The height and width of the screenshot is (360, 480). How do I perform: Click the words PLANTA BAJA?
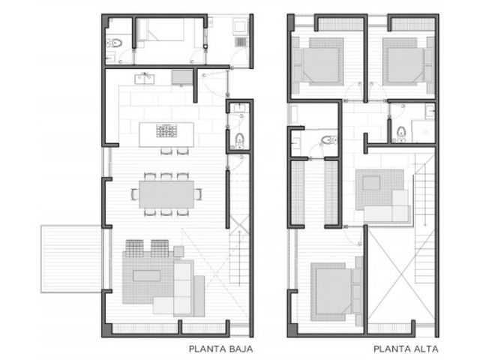[x=220, y=349]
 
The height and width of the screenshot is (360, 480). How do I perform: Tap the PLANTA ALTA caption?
[x=406, y=349]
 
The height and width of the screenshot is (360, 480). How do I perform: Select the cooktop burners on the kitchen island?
[x=166, y=130]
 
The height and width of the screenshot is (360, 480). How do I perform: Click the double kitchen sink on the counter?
[x=145, y=79]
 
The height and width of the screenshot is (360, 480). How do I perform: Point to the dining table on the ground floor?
[x=166, y=194]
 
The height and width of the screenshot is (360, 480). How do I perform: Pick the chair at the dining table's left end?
[x=135, y=194]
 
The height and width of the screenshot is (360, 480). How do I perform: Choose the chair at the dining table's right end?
[x=198, y=194]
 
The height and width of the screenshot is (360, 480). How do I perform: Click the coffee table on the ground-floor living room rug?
[x=147, y=275]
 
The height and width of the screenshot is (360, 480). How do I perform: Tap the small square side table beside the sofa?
[x=178, y=251]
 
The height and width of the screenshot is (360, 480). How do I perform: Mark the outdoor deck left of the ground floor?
[x=71, y=259]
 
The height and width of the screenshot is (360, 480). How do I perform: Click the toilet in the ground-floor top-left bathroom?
[x=115, y=43]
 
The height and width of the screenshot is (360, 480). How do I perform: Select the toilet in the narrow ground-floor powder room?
[x=239, y=141]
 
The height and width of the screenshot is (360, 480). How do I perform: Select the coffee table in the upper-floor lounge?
[x=372, y=183]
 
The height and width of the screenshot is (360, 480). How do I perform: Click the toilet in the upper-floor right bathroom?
[x=401, y=134]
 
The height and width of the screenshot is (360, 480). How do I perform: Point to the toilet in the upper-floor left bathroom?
[x=328, y=140]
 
